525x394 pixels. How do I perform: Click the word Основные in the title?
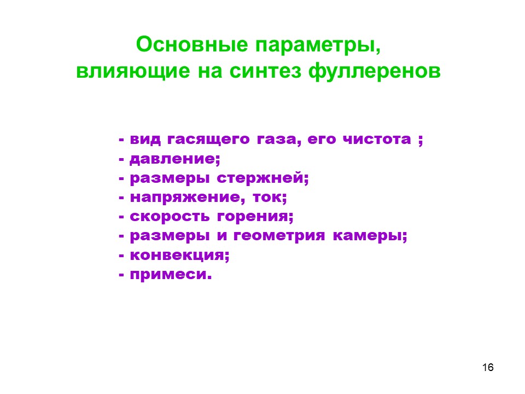192,44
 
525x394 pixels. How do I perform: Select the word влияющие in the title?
133,71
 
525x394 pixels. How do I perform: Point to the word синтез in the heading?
265,71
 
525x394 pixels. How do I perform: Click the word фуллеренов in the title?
374,71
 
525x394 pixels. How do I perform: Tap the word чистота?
377,139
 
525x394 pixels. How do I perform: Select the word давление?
173,159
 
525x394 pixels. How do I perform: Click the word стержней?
261,178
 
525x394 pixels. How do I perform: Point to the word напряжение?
185,198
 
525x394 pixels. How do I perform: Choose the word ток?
268,198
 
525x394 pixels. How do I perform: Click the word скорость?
170,217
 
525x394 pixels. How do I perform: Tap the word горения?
253,217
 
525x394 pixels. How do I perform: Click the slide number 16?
488,368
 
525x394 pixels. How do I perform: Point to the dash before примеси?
121,275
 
